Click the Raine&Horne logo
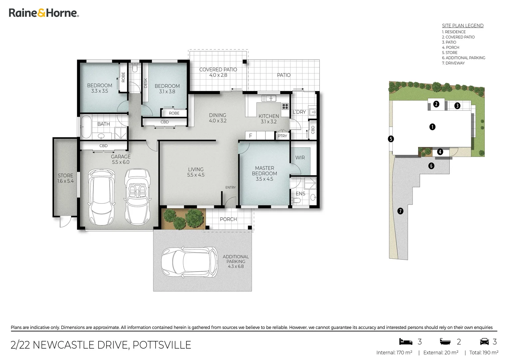point(44,13)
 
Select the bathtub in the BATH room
point(86,127)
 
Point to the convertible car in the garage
point(137,196)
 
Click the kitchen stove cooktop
point(285,106)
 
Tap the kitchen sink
point(268,98)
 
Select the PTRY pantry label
point(282,136)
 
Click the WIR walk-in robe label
point(300,158)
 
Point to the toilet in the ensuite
point(296,200)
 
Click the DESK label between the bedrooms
point(146,83)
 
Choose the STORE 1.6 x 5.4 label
point(65,178)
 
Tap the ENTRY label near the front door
point(230,187)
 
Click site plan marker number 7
point(400,211)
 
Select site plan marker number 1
point(432,127)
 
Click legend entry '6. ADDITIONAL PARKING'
point(463,58)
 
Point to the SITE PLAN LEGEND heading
point(462,26)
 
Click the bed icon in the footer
point(406,342)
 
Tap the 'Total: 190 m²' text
point(484,352)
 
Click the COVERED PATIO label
point(218,72)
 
